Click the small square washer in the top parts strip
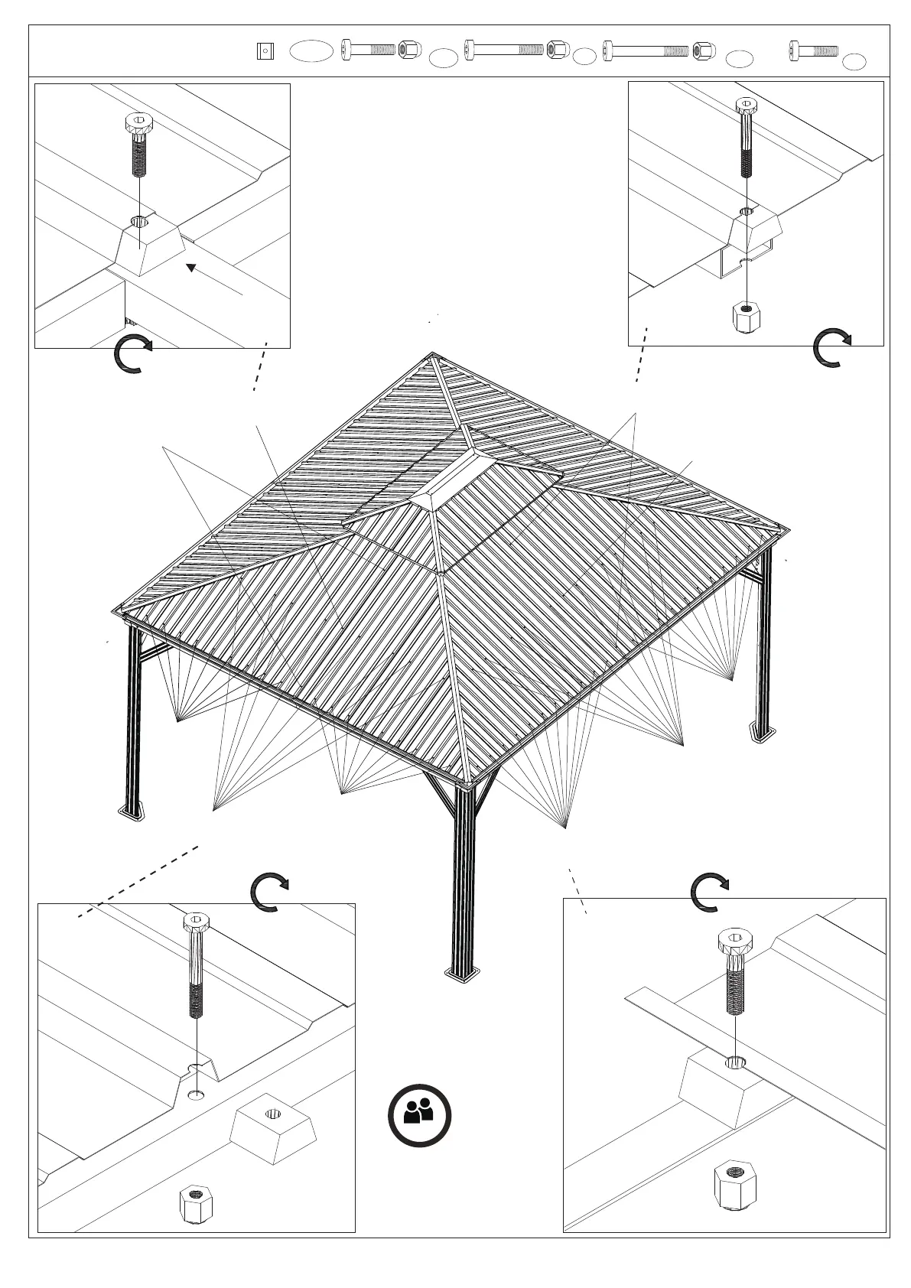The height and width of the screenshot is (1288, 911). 265,51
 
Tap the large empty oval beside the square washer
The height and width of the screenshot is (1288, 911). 311,51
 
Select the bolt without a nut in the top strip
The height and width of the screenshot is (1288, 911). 813,50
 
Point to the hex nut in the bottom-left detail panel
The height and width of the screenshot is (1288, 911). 196,1203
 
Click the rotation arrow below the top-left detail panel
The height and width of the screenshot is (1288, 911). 132,353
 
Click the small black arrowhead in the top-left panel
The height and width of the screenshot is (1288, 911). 191,268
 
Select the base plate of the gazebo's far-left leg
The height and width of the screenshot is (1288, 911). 135,811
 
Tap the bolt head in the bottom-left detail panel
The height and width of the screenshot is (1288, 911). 197,922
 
